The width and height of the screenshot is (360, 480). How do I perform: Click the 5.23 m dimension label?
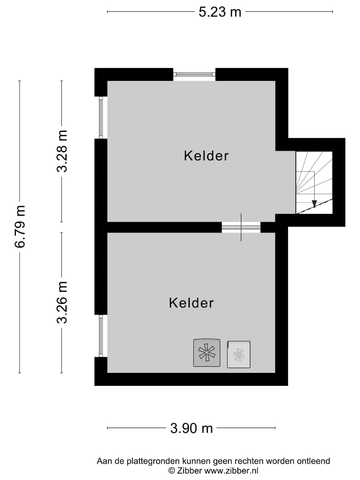click(220, 12)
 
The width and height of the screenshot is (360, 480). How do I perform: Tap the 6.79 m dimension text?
click(20, 227)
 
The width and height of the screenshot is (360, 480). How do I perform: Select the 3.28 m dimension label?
click(62, 151)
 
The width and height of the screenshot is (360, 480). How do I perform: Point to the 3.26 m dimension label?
click(62, 302)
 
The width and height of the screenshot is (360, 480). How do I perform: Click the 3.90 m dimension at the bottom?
click(192, 428)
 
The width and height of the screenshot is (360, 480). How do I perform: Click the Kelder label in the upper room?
click(206, 156)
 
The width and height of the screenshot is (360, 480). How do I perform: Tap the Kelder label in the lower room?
click(191, 303)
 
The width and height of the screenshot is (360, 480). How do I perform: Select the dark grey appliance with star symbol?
click(207, 353)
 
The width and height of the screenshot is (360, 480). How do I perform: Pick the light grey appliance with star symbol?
click(239, 354)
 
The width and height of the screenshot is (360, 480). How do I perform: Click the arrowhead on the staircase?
click(314, 204)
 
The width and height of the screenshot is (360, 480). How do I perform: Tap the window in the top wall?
click(194, 74)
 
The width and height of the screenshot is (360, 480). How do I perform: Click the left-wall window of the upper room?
click(101, 118)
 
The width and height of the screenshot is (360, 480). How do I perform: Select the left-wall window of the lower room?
click(101, 336)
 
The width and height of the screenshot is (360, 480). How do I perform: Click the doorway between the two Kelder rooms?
click(241, 228)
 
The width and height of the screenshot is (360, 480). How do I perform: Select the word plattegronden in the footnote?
click(141, 461)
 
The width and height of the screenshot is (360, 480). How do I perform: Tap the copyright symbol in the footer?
click(171, 470)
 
